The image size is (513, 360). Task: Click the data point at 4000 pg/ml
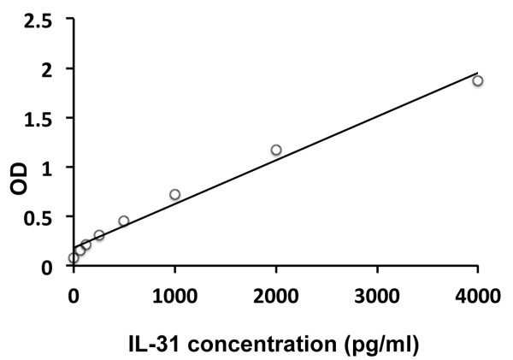click(478, 80)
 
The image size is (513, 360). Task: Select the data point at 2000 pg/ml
click(276, 150)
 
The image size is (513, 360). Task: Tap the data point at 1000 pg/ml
click(174, 194)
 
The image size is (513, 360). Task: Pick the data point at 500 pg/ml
click(124, 221)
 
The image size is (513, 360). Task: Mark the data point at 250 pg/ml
click(99, 235)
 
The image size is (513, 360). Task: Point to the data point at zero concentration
click(74, 257)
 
